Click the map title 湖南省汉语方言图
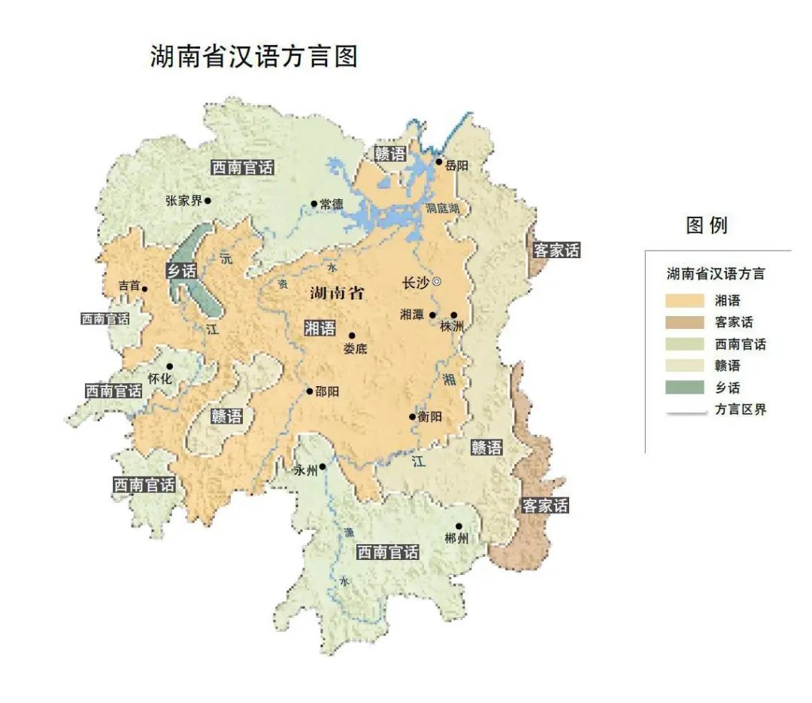[254, 56]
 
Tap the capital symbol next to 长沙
[437, 282]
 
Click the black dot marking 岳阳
[440, 162]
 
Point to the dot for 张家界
[208, 200]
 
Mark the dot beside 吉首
[144, 288]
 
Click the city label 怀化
[160, 379]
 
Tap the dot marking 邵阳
[309, 391]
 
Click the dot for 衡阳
[412, 417]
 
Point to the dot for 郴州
[458, 527]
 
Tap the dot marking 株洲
[453, 315]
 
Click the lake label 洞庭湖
[441, 208]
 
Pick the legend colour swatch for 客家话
[684, 322]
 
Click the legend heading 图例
[707, 225]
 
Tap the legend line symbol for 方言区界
[684, 411]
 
